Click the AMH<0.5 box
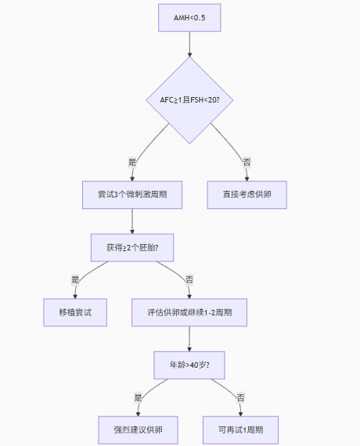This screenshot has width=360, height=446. pyautogui.click(x=189, y=18)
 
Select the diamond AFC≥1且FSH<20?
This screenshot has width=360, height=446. pyautogui.click(x=189, y=100)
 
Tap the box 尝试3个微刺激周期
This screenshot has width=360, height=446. pyautogui.click(x=132, y=195)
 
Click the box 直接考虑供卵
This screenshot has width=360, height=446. pyautogui.click(x=247, y=195)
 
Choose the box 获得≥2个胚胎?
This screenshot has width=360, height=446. pyautogui.click(x=132, y=248)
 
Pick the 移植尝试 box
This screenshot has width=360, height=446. pyautogui.click(x=75, y=312)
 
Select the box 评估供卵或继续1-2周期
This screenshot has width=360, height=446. pyautogui.click(x=189, y=312)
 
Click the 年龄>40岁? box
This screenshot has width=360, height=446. pyautogui.click(x=189, y=365)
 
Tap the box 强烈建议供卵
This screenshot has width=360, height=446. pyautogui.click(x=138, y=430)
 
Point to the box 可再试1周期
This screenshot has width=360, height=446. pyautogui.click(x=240, y=430)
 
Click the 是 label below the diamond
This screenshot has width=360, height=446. pyautogui.click(x=132, y=163)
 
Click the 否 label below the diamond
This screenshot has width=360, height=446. pyautogui.click(x=247, y=163)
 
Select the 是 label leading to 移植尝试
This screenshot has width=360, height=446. pyautogui.click(x=75, y=279)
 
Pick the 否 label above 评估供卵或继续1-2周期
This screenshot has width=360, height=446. pyautogui.click(x=189, y=279)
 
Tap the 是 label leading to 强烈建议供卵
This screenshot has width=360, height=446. pyautogui.click(x=138, y=397)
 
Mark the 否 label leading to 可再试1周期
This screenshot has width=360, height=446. pyautogui.click(x=240, y=397)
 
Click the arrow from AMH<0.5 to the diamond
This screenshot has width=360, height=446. pyautogui.click(x=189, y=44)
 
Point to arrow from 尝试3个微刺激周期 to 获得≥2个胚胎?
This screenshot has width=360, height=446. pyautogui.click(x=132, y=221)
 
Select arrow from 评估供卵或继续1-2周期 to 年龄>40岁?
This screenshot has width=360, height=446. pyautogui.click(x=189, y=339)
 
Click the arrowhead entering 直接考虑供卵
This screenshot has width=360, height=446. pyautogui.click(x=247, y=178)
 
